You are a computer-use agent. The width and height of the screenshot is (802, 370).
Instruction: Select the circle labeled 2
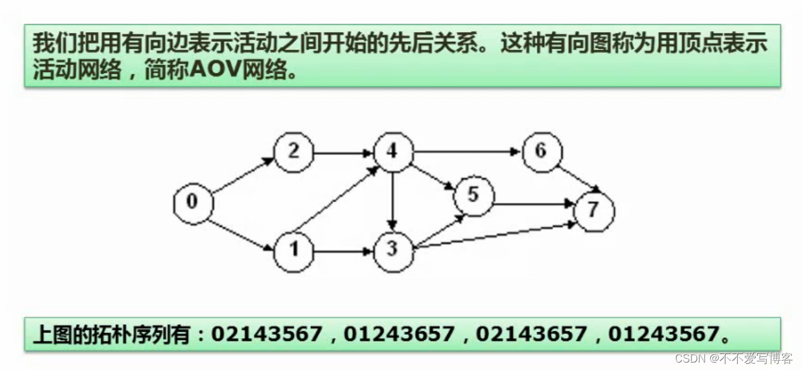click(294, 152)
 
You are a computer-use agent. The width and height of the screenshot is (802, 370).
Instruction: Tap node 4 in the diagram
click(393, 152)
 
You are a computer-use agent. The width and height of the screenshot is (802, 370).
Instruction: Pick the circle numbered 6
click(541, 152)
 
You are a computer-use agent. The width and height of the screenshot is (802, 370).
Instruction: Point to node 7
click(593, 210)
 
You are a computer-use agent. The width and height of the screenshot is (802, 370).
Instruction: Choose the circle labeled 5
click(473, 195)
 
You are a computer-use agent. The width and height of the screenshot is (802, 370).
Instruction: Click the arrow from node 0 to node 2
click(242, 175)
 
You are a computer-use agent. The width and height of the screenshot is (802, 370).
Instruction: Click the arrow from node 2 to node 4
click(343, 152)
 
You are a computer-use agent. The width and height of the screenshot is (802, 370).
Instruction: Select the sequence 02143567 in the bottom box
click(267, 335)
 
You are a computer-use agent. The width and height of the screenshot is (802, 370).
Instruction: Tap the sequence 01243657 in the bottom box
click(399, 335)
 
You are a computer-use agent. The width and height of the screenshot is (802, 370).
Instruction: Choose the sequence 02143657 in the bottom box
click(531, 335)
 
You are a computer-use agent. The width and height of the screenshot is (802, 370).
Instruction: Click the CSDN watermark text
click(690, 358)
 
